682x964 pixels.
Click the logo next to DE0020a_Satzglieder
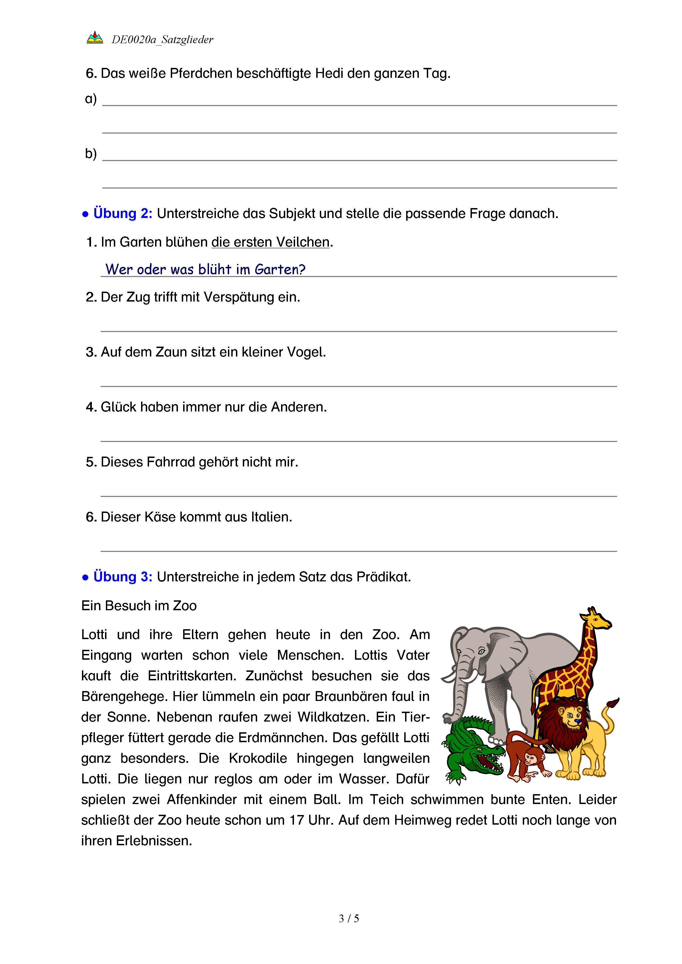tap(95, 38)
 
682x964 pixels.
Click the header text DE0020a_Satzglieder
tap(162, 40)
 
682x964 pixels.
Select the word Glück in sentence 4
tap(119, 407)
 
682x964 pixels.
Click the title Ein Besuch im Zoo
tap(139, 606)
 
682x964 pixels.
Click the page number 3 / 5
tap(348, 919)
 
